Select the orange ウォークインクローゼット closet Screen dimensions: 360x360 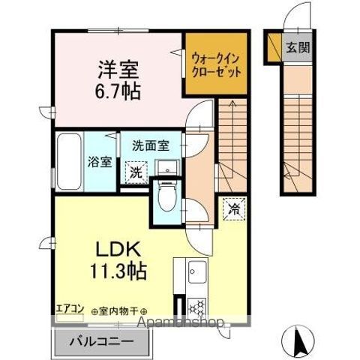point(216,65)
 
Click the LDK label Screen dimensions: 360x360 point(115,248)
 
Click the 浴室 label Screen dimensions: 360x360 point(97,160)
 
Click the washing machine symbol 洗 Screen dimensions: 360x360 point(136,172)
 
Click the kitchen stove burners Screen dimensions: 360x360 point(198,307)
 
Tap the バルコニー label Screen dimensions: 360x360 point(103,341)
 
